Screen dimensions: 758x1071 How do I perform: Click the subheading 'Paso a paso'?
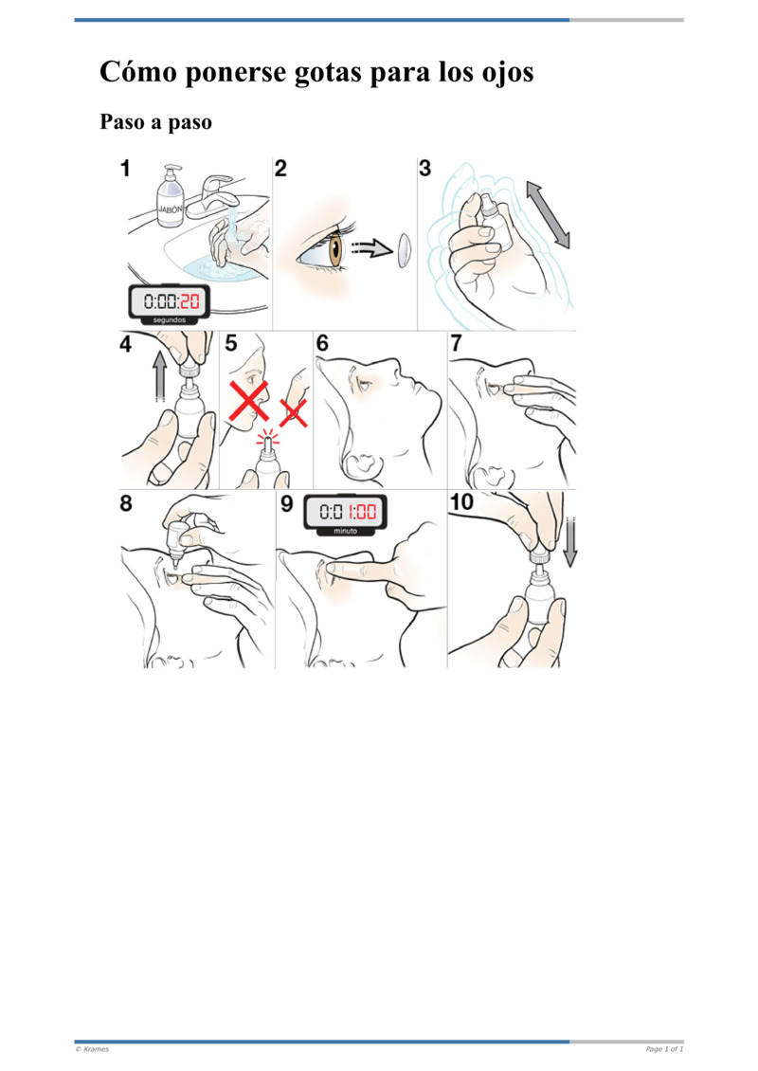[x=155, y=122]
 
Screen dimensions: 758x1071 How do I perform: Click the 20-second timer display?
[x=170, y=301]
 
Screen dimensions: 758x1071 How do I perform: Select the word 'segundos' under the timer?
[x=170, y=319]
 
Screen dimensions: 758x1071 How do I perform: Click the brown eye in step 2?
[x=336, y=250]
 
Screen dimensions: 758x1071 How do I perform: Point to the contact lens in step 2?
[x=405, y=250]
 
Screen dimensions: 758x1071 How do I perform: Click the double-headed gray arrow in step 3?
[x=548, y=215]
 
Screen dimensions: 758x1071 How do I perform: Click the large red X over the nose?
[x=248, y=400]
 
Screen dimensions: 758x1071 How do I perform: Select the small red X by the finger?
[x=294, y=412]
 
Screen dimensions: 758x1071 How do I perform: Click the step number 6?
[x=322, y=343]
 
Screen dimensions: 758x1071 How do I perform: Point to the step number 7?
[x=456, y=343]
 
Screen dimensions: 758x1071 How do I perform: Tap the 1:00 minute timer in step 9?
[x=346, y=512]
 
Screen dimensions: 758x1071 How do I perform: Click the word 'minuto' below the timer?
[x=346, y=531]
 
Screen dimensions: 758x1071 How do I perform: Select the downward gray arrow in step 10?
[x=570, y=542]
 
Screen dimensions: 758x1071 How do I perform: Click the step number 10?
[x=461, y=502]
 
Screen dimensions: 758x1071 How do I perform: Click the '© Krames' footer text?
[x=92, y=1049]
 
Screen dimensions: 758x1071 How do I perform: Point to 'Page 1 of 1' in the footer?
[x=664, y=1049]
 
